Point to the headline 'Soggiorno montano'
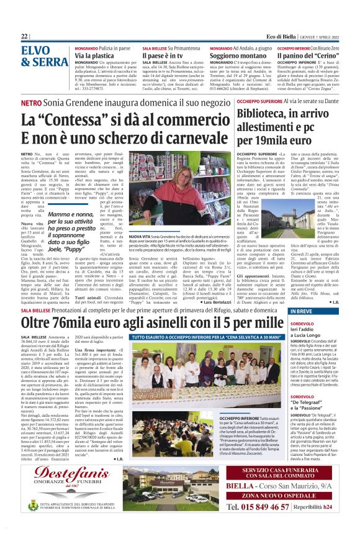tap(237, 56)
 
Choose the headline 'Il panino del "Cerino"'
tap(309, 56)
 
